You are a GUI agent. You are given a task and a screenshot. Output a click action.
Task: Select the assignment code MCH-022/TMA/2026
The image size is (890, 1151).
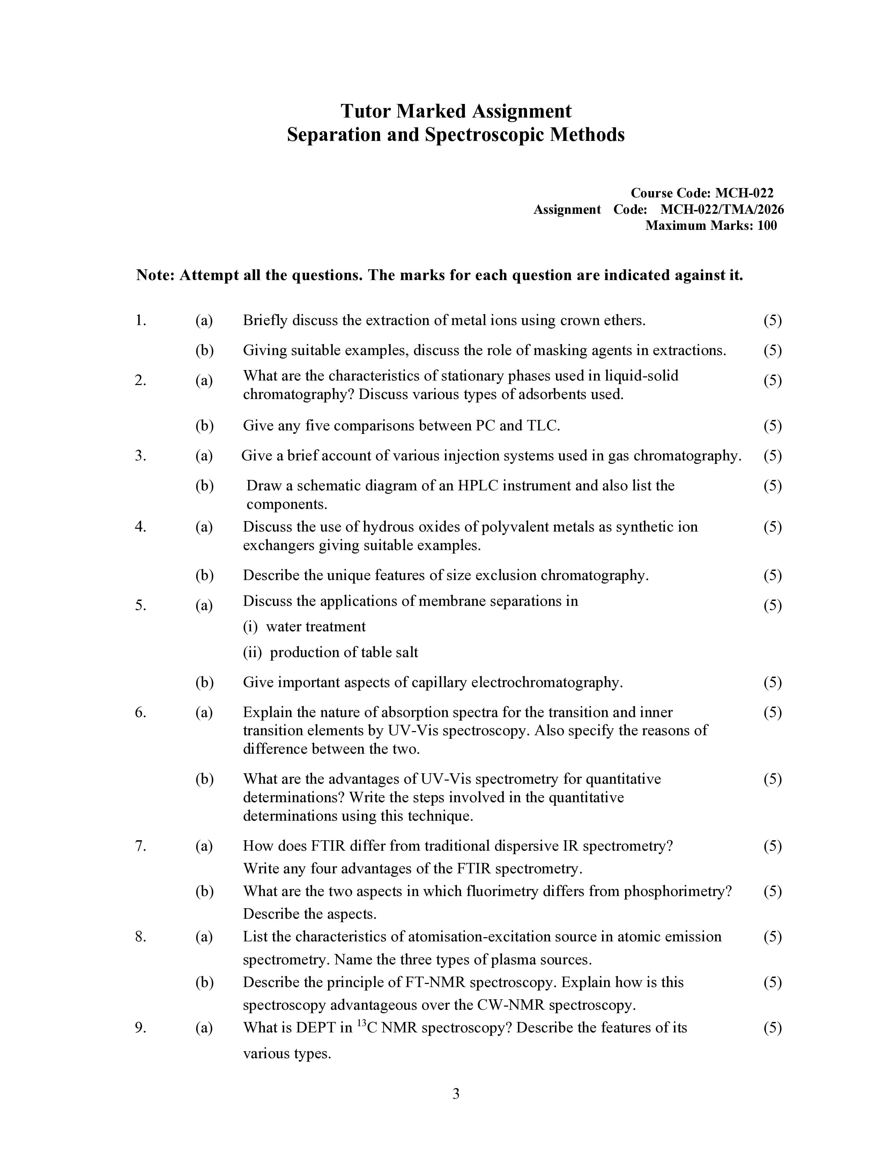pos(722,209)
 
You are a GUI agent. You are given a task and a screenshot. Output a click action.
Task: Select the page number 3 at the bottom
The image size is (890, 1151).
pos(455,1093)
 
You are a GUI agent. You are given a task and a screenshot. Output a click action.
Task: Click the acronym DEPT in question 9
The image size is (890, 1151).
pos(316,1027)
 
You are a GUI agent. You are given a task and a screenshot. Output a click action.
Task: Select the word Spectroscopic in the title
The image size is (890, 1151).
pos(485,135)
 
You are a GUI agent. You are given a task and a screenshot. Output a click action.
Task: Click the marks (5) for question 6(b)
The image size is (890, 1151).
pos(772,778)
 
